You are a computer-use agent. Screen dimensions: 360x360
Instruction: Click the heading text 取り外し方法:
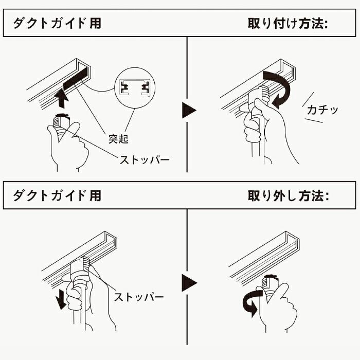(x=287, y=195)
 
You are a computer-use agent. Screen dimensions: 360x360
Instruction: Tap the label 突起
(x=118, y=139)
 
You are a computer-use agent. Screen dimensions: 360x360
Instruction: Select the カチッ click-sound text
(x=322, y=110)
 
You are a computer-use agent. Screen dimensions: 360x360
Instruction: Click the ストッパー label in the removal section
(x=138, y=297)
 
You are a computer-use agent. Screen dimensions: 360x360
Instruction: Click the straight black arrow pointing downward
(x=61, y=298)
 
